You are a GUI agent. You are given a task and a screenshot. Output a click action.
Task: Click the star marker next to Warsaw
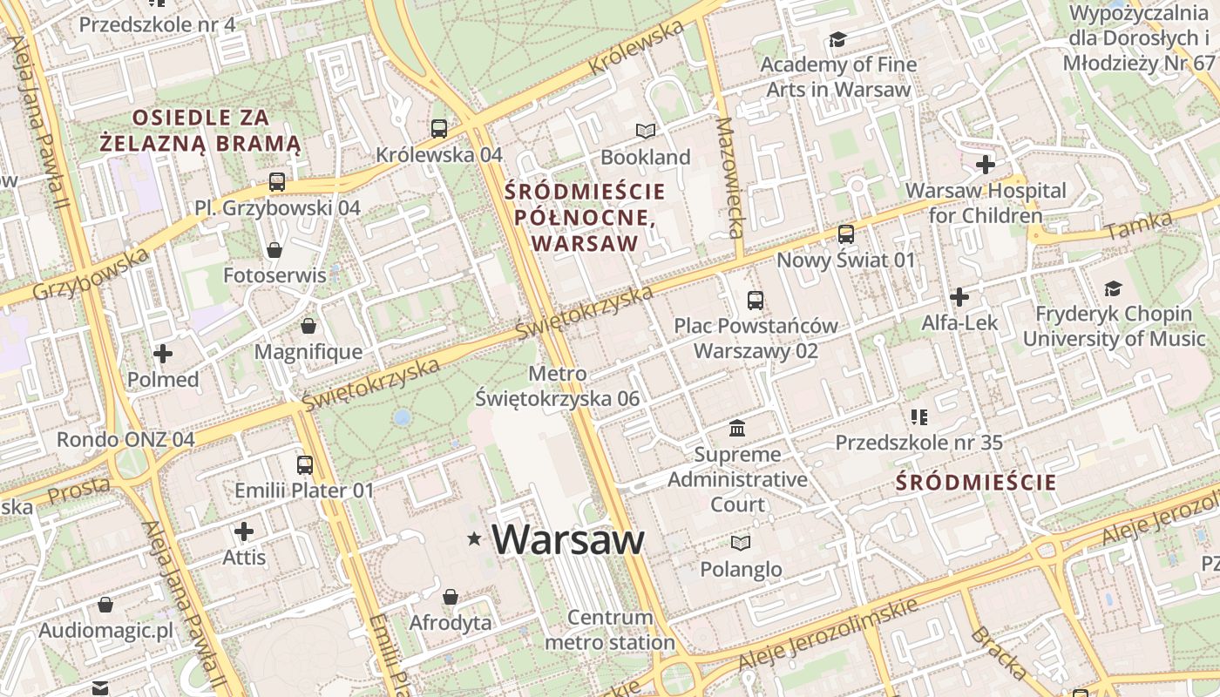[x=474, y=539]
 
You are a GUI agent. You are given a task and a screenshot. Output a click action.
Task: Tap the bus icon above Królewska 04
[x=439, y=129]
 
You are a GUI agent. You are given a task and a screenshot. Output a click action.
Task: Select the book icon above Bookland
[x=646, y=132]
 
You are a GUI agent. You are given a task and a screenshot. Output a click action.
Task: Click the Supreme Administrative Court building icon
[x=737, y=428]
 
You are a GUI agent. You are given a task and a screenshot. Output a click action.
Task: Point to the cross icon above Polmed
[x=163, y=354]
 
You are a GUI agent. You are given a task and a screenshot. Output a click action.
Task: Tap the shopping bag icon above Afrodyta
[x=451, y=597]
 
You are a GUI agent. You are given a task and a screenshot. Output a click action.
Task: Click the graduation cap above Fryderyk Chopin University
[x=1113, y=288]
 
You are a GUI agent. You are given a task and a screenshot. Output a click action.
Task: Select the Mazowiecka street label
[x=728, y=179]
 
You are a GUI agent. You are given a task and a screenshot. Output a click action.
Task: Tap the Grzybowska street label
[x=91, y=274]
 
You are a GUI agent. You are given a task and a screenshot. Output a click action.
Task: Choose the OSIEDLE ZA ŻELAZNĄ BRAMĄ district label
[x=200, y=130]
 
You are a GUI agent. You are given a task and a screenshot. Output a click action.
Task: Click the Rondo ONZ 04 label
[x=125, y=439]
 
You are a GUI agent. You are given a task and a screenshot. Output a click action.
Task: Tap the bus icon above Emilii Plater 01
[x=304, y=465]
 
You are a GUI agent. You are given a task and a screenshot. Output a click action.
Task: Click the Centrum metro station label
[x=610, y=630]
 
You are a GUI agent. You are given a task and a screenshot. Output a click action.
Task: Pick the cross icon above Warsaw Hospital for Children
[x=986, y=165]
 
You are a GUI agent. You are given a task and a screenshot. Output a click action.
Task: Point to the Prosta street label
[x=78, y=491]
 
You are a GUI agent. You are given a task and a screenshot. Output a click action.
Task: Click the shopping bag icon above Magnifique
[x=308, y=327]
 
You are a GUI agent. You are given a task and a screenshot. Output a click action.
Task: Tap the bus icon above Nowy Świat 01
[x=846, y=234]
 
